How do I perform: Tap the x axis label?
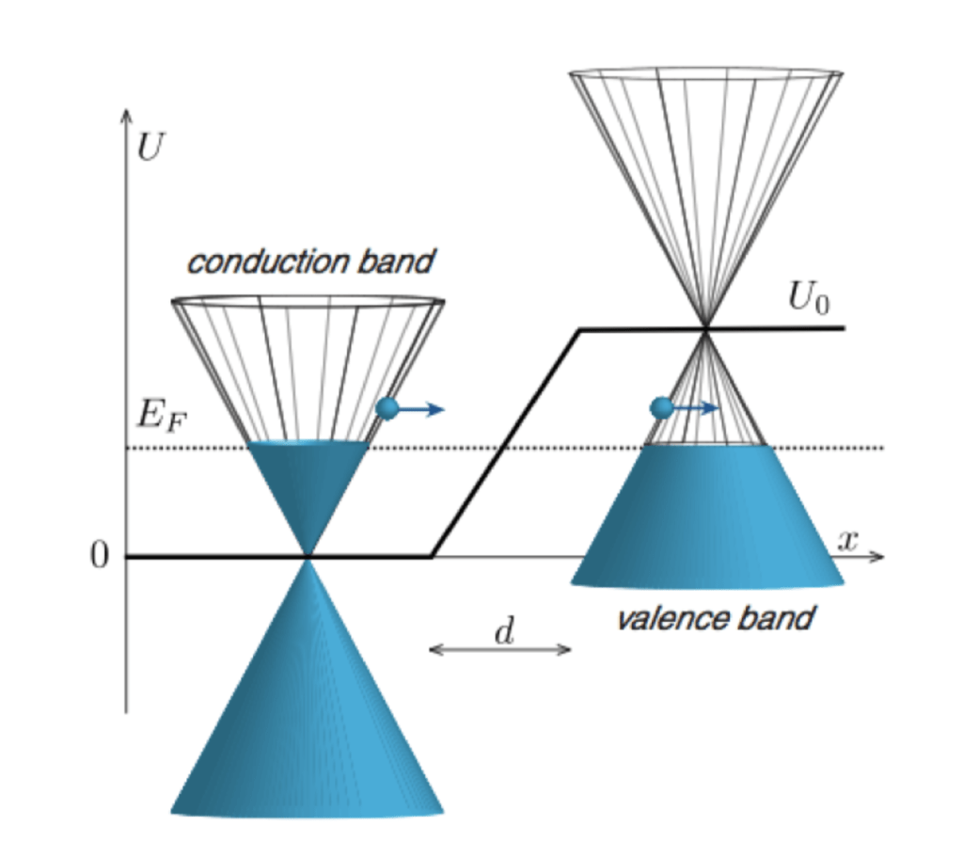[x=849, y=541]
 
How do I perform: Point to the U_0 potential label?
[x=809, y=303]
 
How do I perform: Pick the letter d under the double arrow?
[x=504, y=631]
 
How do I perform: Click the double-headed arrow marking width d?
[x=500, y=649]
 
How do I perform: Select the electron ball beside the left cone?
[x=387, y=408]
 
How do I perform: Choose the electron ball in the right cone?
[x=662, y=408]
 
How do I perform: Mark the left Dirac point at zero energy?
[x=308, y=557]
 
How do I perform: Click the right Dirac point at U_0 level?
[x=704, y=327]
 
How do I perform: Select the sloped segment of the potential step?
[x=506, y=442]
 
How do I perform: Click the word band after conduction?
[x=399, y=262]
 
